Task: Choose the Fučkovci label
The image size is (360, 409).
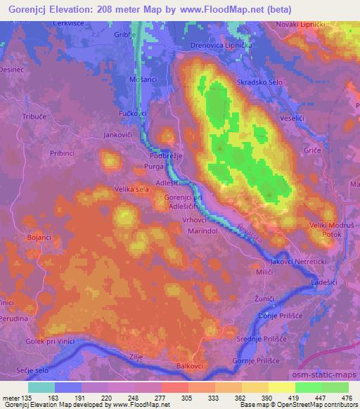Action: (132, 112)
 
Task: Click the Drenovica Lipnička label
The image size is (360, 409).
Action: (221, 45)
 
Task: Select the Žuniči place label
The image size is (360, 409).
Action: (264, 299)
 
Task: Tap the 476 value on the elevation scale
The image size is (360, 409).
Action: (345, 398)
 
